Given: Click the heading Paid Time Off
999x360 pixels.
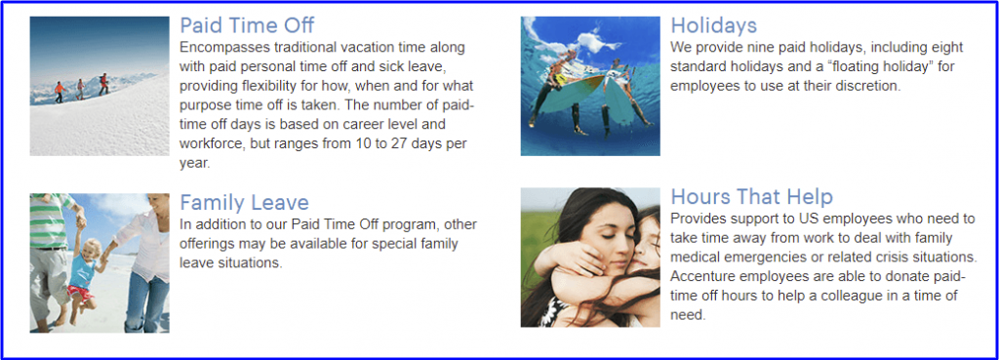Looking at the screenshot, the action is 247,25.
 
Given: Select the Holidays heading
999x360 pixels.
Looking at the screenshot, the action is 713,25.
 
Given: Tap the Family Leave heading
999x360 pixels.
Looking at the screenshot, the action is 244,203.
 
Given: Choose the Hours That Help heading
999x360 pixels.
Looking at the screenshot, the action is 752,196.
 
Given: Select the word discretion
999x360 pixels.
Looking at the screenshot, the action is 870,86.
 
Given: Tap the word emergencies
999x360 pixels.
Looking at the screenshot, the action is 758,258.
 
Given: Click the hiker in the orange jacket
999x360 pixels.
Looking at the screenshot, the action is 60,92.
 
